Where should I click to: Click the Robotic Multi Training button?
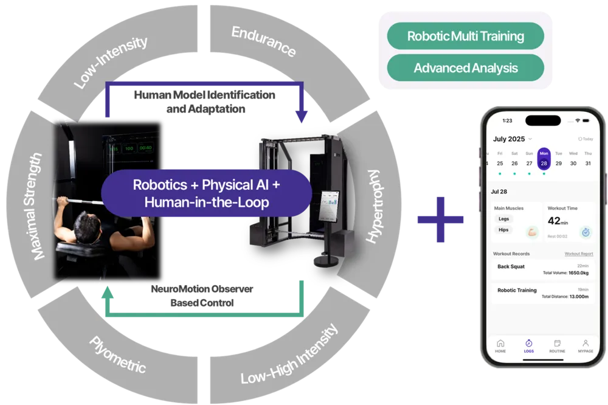click(x=465, y=36)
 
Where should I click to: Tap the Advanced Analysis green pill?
click(x=465, y=67)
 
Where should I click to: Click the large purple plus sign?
click(x=440, y=220)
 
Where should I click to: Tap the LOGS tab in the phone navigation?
click(x=529, y=346)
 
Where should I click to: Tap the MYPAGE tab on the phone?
click(x=585, y=346)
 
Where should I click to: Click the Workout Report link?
click(x=578, y=254)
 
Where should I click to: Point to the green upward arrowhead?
click(x=107, y=294)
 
